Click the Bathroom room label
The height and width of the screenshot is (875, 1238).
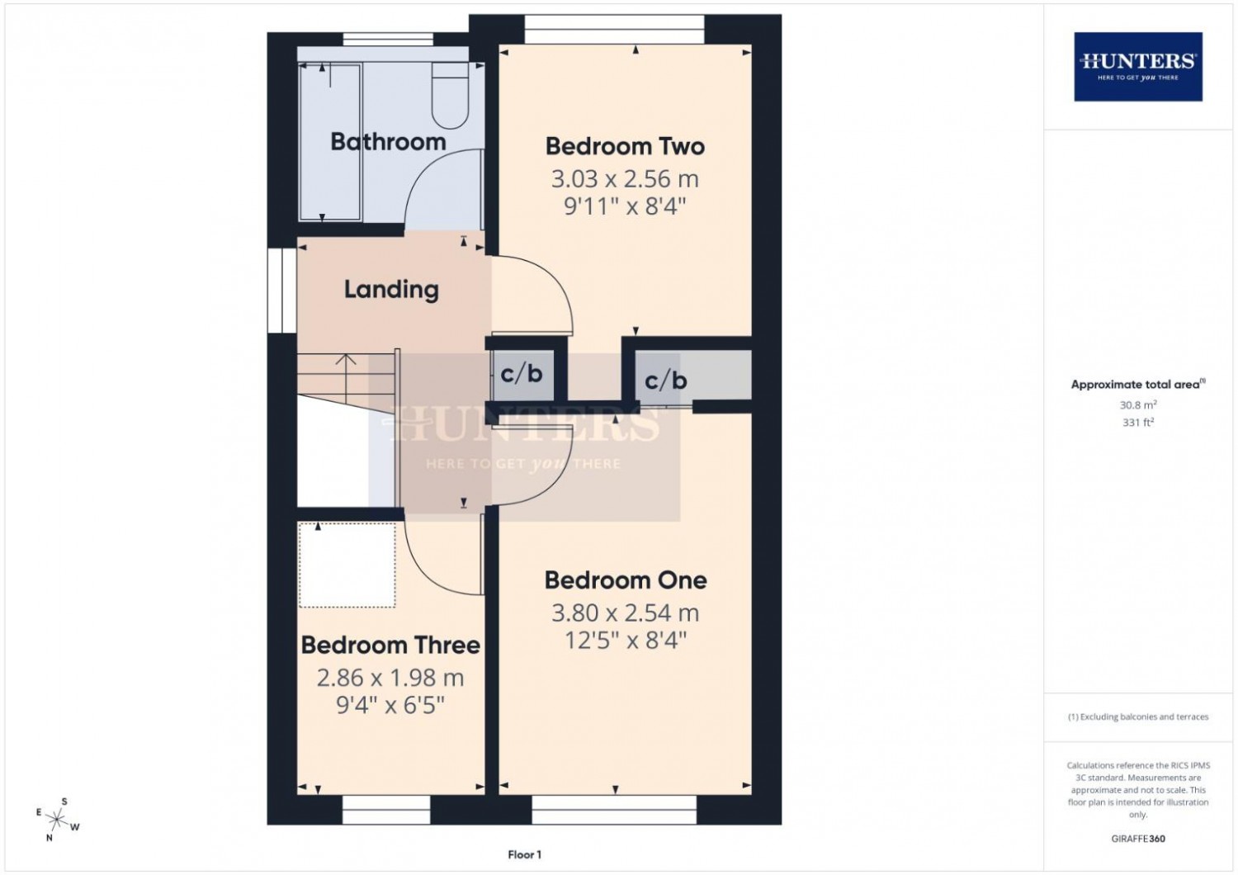point(388,142)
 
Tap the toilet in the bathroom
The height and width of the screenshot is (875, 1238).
point(451,95)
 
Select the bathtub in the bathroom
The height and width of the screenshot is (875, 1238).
point(330,142)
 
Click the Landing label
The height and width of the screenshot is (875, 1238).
point(391,290)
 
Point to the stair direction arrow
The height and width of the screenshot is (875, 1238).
point(346,378)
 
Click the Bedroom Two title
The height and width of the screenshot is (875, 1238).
point(625,146)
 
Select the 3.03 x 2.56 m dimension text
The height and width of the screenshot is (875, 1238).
point(625,179)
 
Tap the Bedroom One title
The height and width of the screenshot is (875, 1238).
point(626,580)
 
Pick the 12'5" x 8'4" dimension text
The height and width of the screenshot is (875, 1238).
point(626,641)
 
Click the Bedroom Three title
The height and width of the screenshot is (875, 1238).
point(390,645)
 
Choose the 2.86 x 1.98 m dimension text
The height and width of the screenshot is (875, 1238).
point(390,678)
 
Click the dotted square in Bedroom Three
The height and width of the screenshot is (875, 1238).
point(347,565)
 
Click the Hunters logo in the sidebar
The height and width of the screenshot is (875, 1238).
point(1138,67)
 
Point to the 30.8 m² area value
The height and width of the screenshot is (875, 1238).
point(1138,404)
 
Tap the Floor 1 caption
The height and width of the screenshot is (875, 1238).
point(524,854)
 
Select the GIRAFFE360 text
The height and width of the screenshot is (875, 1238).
point(1138,839)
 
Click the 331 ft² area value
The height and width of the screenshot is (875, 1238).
point(1138,423)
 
